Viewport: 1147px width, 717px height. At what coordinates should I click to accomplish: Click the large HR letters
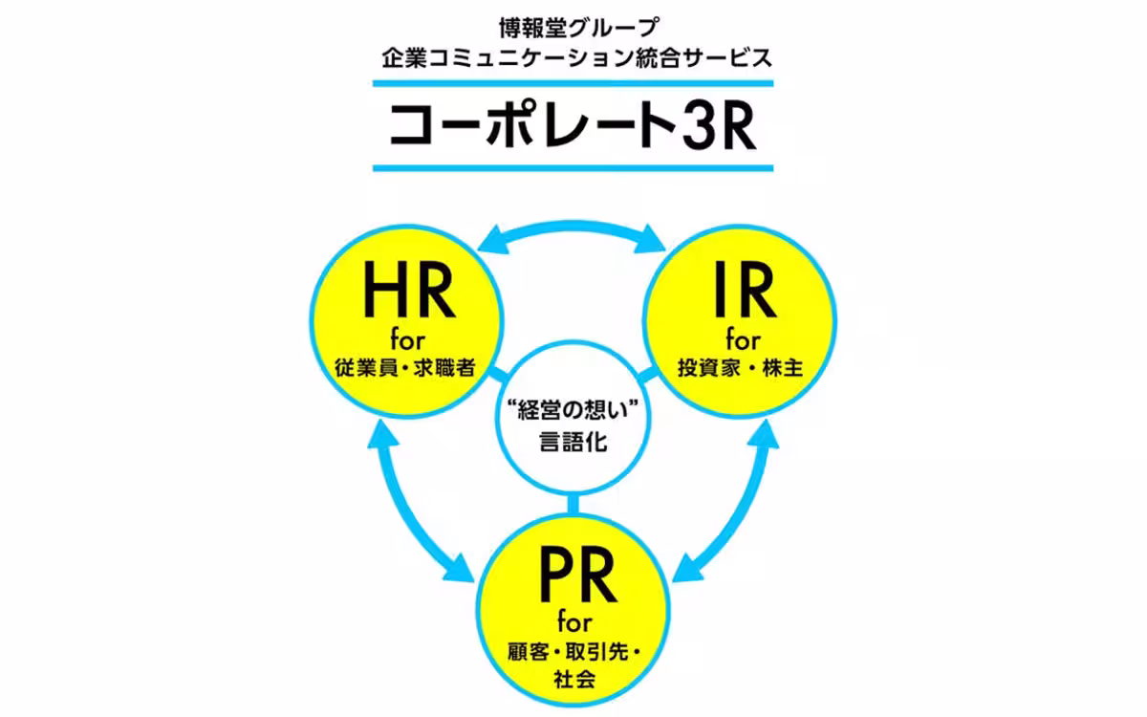coord(406,292)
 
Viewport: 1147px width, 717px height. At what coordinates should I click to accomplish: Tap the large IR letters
coord(741,292)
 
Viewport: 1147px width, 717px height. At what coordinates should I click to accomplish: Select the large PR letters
coord(573,574)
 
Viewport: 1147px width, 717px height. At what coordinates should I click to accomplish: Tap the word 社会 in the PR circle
coord(573,681)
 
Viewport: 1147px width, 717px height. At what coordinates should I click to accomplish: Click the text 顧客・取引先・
coord(573,652)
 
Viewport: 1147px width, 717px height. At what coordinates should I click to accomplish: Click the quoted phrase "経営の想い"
coord(573,413)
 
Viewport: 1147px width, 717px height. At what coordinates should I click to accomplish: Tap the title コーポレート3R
coord(573,128)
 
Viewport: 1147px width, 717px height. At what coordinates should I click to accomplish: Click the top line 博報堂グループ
coord(573,26)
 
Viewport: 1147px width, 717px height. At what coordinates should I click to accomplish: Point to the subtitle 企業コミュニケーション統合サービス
coord(573,58)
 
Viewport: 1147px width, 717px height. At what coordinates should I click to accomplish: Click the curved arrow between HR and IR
coord(573,229)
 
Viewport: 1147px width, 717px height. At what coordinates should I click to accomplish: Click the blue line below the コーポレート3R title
coord(573,168)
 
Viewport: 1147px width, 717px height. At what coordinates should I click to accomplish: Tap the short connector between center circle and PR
coord(573,505)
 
